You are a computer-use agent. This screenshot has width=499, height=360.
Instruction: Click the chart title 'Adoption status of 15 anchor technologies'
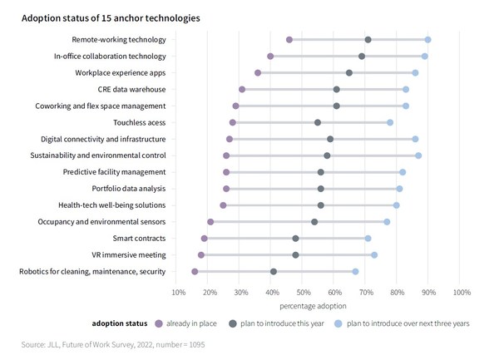[111, 17]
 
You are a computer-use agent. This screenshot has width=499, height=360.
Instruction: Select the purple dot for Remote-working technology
[289, 40]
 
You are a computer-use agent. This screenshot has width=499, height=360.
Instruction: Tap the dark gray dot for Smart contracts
[296, 239]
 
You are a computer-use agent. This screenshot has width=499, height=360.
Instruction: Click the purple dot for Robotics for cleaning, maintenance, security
[195, 272]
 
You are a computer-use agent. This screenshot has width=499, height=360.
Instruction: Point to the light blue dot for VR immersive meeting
[374, 255]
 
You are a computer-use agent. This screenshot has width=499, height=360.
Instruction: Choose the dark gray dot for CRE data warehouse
[337, 89]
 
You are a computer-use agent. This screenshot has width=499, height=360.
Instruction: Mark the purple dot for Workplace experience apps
[258, 73]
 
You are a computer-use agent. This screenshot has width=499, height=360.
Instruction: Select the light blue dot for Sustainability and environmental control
[418, 155]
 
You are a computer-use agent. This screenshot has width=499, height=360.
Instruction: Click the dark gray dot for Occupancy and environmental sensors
[314, 222]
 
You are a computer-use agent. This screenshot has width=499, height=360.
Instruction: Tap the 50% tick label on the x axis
[304, 292]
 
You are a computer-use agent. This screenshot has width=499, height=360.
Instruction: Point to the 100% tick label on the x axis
[462, 292]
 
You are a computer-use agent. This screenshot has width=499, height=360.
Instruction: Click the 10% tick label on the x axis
[179, 292]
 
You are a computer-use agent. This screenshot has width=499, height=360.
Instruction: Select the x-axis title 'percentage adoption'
[320, 306]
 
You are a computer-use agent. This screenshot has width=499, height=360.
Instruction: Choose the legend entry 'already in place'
[186, 323]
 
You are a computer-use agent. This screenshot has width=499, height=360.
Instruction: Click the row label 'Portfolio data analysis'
[128, 189]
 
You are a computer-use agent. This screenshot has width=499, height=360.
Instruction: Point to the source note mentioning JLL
[113, 343]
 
